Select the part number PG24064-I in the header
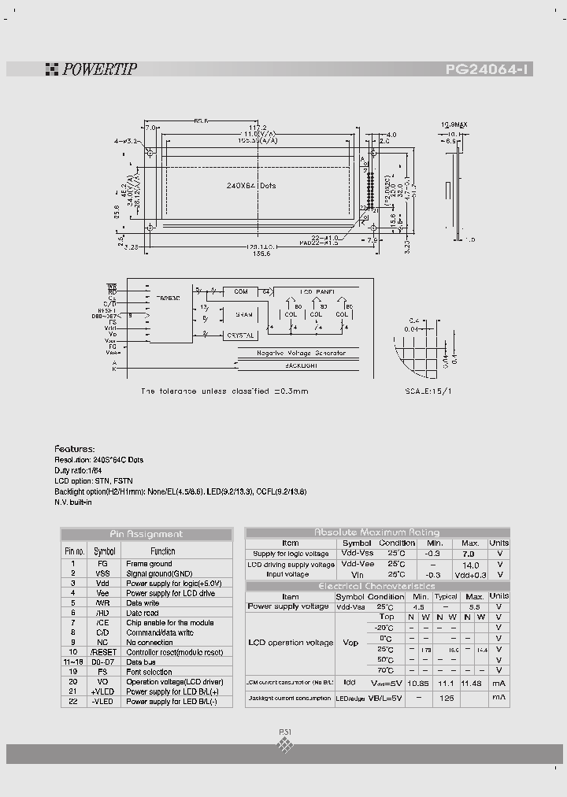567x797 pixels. tap(488, 69)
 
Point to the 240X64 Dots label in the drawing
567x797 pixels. tap(251, 186)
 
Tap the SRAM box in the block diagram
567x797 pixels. tap(243, 314)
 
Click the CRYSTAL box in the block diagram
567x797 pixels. tap(241, 335)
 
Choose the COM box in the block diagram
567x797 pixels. tap(241, 291)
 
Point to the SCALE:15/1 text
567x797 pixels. tap(428, 390)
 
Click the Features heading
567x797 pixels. tap(74, 448)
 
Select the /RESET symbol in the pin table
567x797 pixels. tap(104, 652)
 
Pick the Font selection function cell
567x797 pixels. tap(149, 672)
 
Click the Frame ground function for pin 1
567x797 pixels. tap(149, 564)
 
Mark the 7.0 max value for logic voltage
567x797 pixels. tap(470, 554)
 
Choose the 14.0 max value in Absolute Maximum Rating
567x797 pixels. tap(470, 565)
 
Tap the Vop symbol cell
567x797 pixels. tap(351, 643)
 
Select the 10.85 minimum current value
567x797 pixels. tap(419, 682)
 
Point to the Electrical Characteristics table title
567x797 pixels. tap(377, 587)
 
